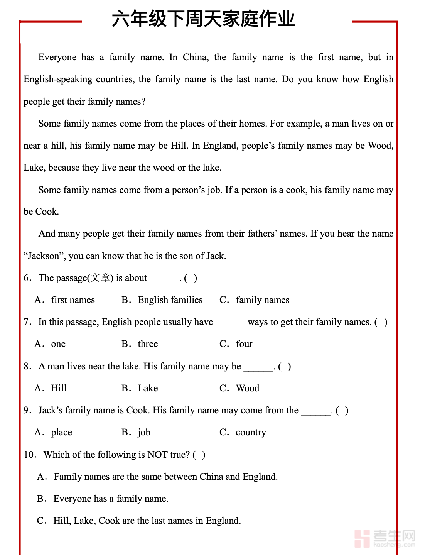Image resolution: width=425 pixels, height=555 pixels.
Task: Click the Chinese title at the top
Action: [203, 19]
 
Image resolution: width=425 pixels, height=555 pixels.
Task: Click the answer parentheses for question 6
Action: [191, 278]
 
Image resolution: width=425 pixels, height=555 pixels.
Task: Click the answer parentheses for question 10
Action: [199, 455]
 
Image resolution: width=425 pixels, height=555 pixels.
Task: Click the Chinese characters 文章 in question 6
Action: [100, 278]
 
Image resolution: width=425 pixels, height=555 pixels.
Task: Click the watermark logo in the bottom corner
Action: [385, 538]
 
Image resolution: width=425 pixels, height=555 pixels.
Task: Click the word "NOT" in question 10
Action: [157, 455]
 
